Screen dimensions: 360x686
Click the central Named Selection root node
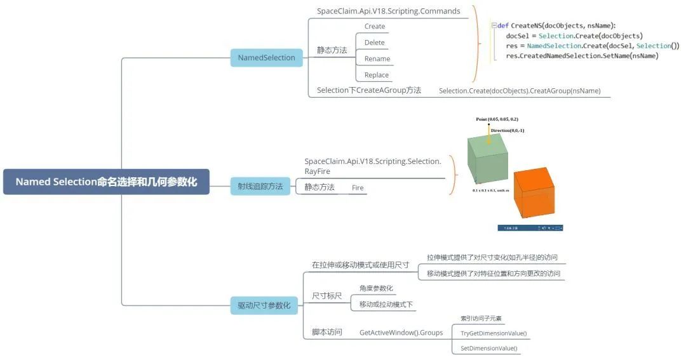click(106, 182)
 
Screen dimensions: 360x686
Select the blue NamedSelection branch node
click(266, 58)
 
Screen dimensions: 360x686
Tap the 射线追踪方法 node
click(260, 187)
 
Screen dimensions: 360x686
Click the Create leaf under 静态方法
click(375, 27)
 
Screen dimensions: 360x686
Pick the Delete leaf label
click(375, 43)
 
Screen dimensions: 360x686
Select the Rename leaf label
click(377, 59)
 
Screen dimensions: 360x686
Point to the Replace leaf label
click(377, 75)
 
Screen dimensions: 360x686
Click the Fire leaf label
click(358, 188)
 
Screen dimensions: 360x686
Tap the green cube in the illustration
click(487, 161)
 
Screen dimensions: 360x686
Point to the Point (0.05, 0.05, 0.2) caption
click(497, 119)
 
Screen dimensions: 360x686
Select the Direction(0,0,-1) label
click(507, 130)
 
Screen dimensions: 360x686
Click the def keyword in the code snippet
click(502, 25)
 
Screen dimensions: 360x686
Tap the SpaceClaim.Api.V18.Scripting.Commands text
click(388, 11)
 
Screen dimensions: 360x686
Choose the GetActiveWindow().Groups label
click(401, 332)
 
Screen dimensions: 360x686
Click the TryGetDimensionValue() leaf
click(494, 333)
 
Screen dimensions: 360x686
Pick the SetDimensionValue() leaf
click(488, 348)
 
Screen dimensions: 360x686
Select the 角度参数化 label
click(376, 288)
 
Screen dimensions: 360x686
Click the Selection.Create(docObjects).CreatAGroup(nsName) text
click(520, 91)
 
